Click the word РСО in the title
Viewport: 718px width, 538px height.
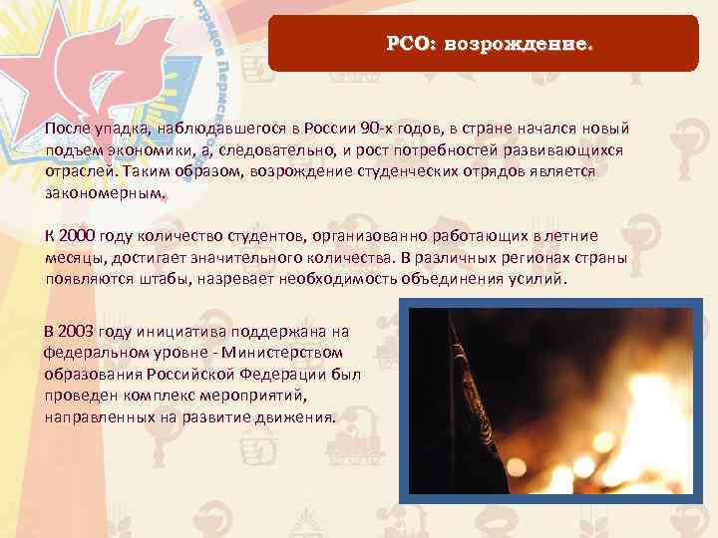coord(407,45)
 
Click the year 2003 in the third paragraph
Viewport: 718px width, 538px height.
coord(86,330)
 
